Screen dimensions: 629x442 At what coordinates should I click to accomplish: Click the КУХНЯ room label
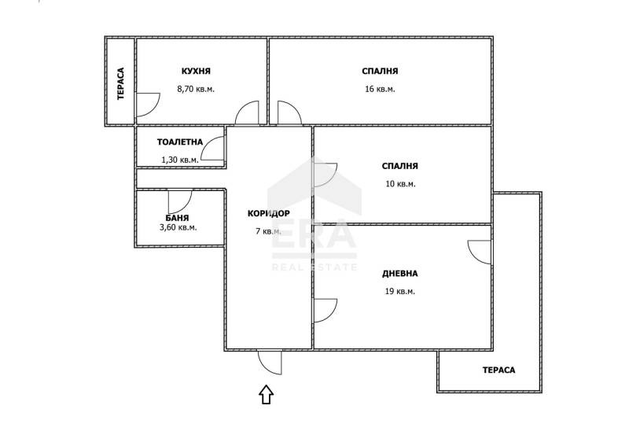[x=196, y=72]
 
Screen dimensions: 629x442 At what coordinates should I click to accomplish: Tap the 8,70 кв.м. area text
[x=196, y=89]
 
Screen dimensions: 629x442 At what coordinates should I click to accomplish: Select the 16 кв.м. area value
[x=380, y=89]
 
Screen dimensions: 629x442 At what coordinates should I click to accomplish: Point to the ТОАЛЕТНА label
[x=180, y=142]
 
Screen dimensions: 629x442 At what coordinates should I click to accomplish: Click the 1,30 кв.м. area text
[x=180, y=160]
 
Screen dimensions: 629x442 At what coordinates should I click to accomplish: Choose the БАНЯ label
[x=177, y=218]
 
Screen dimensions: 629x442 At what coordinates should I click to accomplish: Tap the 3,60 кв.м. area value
[x=178, y=227]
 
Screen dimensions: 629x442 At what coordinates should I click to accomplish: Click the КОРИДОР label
[x=268, y=213]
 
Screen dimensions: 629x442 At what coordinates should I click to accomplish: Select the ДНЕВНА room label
[x=400, y=274]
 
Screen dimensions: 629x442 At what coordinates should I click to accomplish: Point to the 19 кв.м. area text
[x=400, y=291]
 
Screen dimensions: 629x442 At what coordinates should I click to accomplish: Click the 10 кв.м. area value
[x=400, y=184]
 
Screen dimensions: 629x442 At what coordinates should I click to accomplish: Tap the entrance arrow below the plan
[x=266, y=395]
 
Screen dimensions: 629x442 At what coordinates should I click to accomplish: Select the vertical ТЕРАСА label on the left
[x=121, y=83]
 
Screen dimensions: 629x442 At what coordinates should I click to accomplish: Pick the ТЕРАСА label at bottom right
[x=498, y=370]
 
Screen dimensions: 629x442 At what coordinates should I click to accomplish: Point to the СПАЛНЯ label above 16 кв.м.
[x=380, y=72]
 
